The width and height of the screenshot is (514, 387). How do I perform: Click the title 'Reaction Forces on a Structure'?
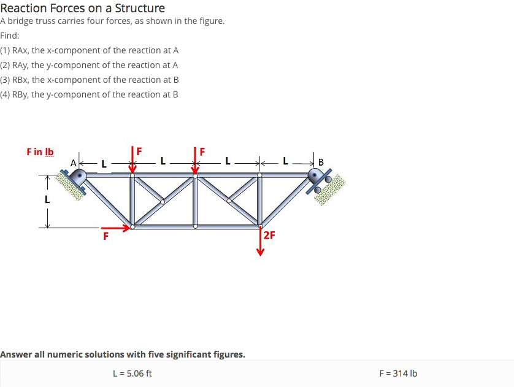[x=82, y=8]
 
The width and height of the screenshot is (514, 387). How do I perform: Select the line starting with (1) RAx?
[x=90, y=50]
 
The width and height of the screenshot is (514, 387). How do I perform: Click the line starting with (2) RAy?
[x=90, y=65]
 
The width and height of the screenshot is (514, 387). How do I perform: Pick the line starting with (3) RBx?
[x=90, y=80]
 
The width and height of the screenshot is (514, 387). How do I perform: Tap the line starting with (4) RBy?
[x=90, y=94]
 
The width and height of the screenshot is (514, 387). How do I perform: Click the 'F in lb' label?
[x=40, y=151]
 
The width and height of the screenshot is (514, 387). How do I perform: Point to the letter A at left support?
[x=74, y=163]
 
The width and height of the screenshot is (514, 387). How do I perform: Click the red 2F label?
[x=269, y=235]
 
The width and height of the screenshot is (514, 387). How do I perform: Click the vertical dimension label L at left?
[x=47, y=199]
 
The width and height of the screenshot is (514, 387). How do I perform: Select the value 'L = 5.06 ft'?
[x=132, y=373]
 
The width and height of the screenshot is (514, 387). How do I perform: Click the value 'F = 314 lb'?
[x=399, y=373]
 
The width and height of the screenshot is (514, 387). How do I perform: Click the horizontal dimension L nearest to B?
[x=286, y=162]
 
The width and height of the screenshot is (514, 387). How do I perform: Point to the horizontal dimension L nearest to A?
[x=104, y=164]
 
